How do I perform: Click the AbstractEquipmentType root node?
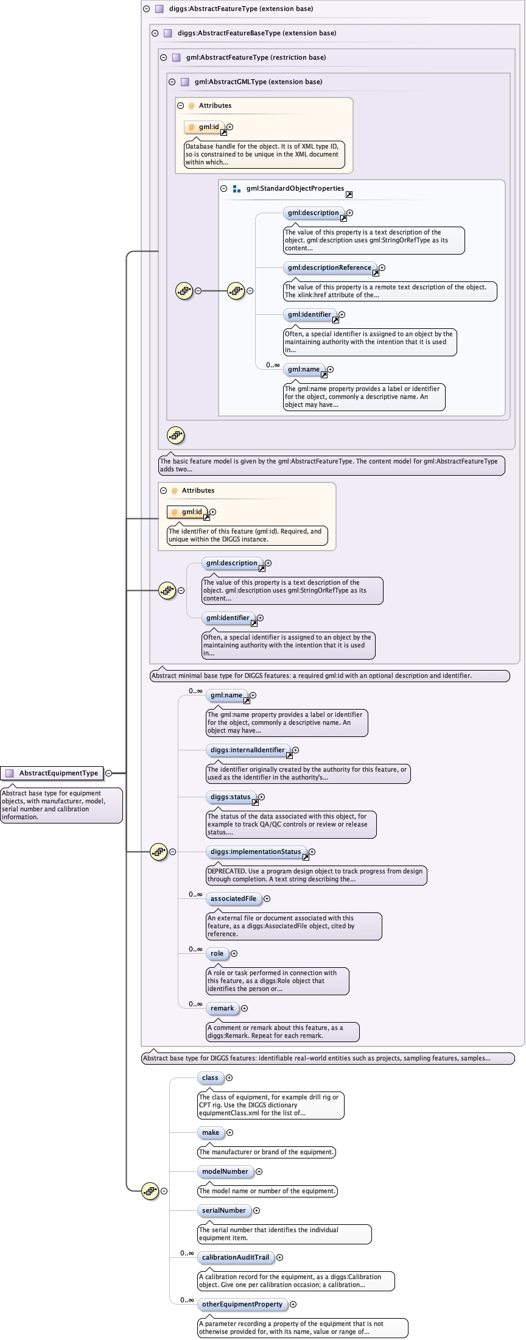pos(52,773)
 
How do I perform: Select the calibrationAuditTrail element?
pos(236,1257)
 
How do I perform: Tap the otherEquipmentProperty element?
pos(242,1304)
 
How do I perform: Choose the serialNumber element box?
pos(224,1210)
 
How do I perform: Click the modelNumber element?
pos(225,1171)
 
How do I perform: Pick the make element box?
pos(211,1132)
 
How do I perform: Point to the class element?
pos(210,1077)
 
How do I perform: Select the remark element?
pos(222,1008)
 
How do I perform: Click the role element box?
pos(217,953)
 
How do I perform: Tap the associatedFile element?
pos(234,898)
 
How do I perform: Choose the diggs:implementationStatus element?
pos(256,852)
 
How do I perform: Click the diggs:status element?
pos(231,797)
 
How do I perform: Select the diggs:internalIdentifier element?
pos(248,750)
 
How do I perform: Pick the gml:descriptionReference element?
pos(329,267)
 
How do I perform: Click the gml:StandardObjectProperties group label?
pos(295,188)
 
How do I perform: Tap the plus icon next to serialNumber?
pos(256,1210)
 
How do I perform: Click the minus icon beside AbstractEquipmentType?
pos(108,773)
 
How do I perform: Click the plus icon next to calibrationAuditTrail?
pos(279,1257)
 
